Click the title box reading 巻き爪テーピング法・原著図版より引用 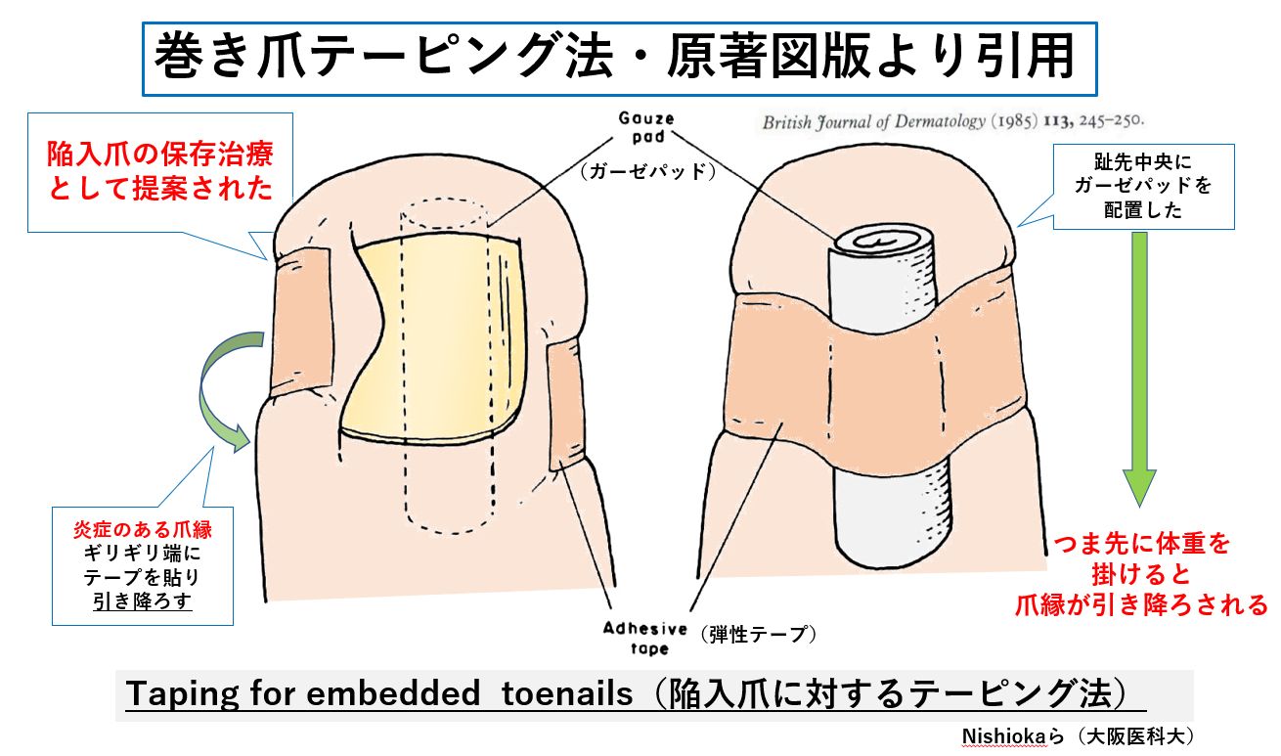[x=619, y=59]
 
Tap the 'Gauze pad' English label [x=646, y=127]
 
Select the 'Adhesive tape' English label [x=646, y=639]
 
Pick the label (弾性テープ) [x=759, y=634]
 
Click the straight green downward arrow [x=1139, y=369]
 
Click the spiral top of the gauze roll [x=881, y=242]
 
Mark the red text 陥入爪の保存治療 [x=160, y=155]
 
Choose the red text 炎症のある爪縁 [x=143, y=529]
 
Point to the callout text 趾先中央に [x=1143, y=162]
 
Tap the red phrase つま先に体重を [x=1141, y=544]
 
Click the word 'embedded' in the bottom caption [x=393, y=693]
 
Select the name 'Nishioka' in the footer [x=1003, y=736]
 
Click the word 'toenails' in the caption [x=567, y=693]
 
